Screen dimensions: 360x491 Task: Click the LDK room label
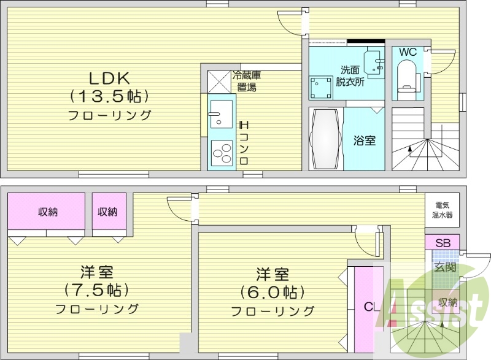click(109, 79)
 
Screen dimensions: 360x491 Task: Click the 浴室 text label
click(364, 140)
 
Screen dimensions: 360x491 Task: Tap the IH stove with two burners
click(222, 151)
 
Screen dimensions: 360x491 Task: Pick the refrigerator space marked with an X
click(219, 81)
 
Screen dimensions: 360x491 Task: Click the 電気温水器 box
click(442, 210)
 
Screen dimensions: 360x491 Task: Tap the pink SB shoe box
click(442, 243)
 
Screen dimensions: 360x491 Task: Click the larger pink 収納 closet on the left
click(47, 212)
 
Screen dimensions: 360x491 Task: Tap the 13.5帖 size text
click(109, 96)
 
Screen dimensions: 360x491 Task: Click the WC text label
click(408, 52)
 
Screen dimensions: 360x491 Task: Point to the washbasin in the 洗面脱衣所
click(372, 61)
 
